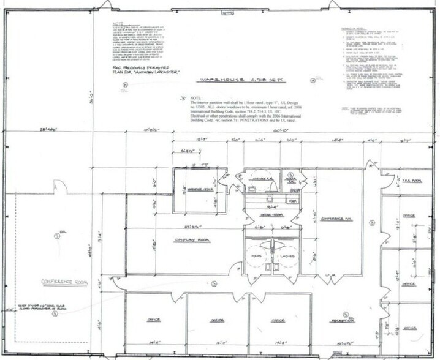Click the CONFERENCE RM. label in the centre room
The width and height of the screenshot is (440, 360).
[342, 217]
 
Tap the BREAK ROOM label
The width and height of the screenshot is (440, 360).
[267, 214]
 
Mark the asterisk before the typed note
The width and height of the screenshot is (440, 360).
[183, 97]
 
